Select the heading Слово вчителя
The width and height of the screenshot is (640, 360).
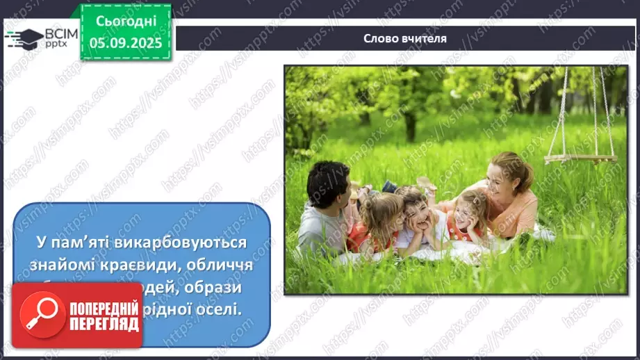click(405, 39)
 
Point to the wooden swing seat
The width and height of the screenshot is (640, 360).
click(580, 158)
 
